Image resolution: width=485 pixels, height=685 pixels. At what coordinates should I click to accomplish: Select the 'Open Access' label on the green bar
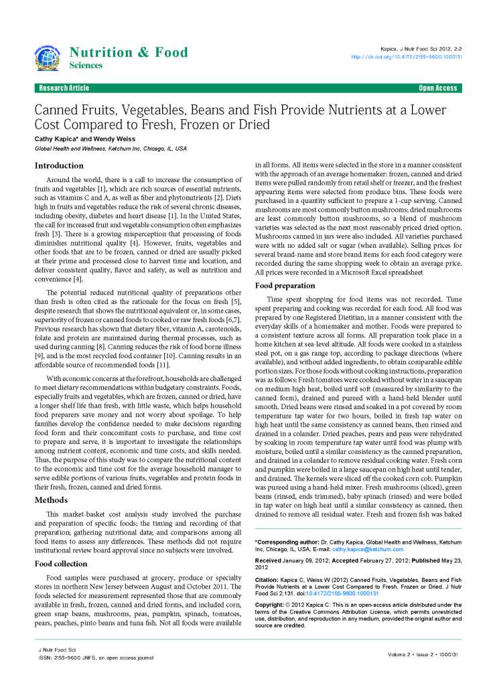[437, 88]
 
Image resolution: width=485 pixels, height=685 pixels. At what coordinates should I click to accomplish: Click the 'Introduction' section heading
[59, 165]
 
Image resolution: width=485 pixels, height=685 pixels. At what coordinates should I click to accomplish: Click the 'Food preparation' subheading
[285, 286]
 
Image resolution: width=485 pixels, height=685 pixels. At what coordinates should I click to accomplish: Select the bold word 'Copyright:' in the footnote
[271, 605]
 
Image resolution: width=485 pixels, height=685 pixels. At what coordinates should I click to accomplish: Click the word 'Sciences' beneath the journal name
[86, 66]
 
